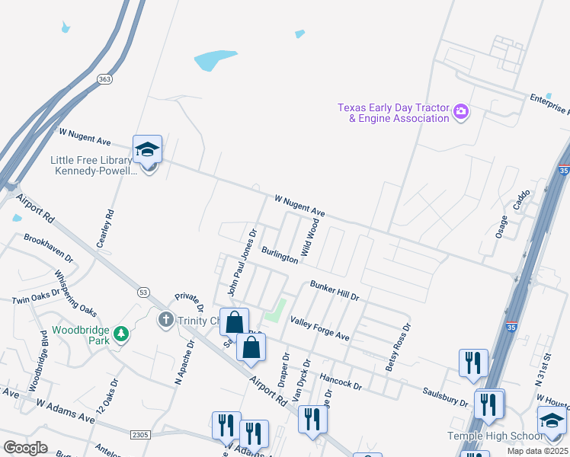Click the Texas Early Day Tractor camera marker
(460, 112)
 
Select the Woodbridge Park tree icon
(120, 333)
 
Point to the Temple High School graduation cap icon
(552, 420)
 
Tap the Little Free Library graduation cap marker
(148, 150)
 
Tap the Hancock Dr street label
(341, 380)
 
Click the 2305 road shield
(139, 434)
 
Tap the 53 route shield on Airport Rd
(142, 292)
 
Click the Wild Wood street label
(309, 236)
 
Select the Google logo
(25, 448)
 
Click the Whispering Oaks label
(76, 292)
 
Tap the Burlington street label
(280, 254)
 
